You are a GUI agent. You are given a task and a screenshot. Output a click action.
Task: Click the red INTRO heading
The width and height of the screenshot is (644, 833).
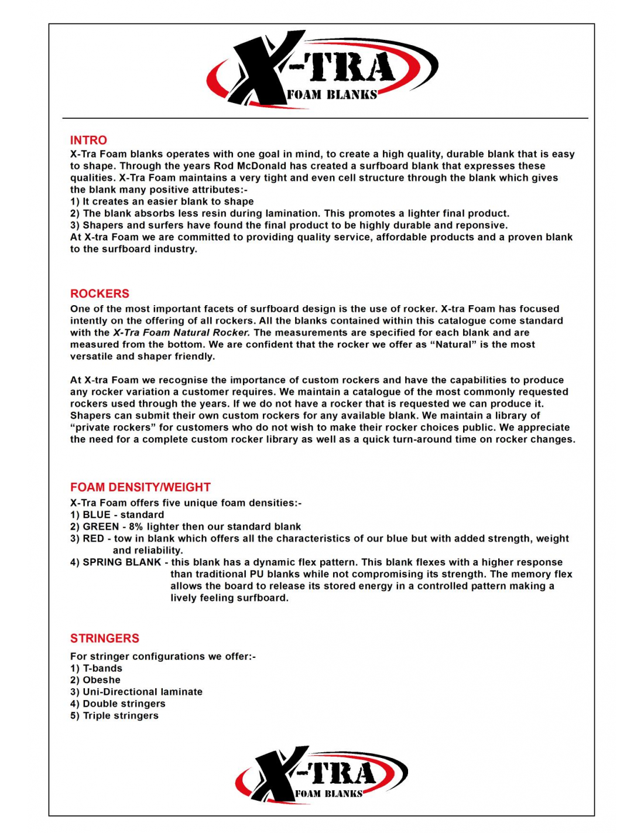[88, 140]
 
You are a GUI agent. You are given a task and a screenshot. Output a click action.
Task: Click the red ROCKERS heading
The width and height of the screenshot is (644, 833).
[100, 293]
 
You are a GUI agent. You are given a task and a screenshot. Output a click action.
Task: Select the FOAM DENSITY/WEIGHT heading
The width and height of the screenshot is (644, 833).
[140, 487]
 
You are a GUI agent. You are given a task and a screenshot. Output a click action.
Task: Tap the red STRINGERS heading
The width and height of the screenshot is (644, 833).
[105, 638]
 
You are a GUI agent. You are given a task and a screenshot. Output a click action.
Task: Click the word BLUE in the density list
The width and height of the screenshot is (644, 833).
[97, 515]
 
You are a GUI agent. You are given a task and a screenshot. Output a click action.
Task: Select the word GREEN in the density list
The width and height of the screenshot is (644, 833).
[101, 527]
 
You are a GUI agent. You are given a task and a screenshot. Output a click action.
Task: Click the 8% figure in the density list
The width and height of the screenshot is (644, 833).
[135, 527]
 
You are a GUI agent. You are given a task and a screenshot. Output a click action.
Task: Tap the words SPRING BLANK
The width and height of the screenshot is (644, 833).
[122, 562]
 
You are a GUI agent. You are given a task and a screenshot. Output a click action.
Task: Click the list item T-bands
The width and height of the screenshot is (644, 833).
[102, 668]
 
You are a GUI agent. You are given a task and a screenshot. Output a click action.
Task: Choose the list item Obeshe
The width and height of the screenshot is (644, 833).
[101, 680]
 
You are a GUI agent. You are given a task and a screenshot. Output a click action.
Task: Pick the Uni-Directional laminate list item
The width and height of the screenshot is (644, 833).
[142, 692]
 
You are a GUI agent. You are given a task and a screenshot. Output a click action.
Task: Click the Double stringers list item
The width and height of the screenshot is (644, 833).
[124, 704]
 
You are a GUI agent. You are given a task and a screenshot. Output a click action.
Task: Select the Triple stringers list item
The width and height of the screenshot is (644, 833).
[121, 716]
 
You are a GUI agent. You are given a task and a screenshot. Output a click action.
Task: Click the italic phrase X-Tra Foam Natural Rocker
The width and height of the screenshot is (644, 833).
[181, 333]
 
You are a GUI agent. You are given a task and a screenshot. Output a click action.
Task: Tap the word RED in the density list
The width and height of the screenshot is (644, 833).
[94, 538]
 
